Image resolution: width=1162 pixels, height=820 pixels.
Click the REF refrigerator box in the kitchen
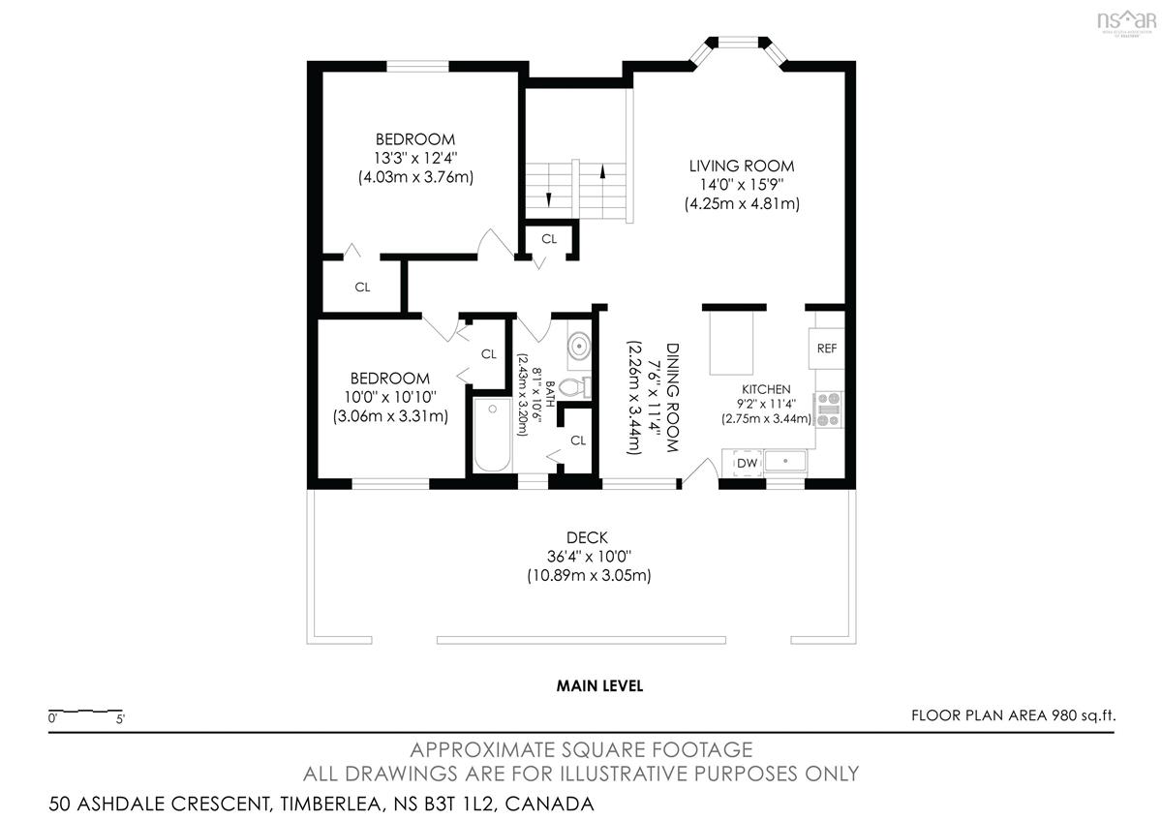(826, 348)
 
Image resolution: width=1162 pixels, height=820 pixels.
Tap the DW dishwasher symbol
(747, 463)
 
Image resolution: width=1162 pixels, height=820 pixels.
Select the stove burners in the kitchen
(829, 410)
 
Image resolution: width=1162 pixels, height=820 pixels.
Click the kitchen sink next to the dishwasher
(786, 461)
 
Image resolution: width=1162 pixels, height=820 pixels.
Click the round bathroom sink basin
(579, 346)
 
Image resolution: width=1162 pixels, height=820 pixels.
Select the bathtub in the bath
(492, 435)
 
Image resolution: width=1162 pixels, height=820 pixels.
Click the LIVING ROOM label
(742, 166)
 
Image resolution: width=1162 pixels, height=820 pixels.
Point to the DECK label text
(587, 537)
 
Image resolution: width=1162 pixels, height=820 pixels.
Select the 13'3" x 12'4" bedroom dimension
(415, 158)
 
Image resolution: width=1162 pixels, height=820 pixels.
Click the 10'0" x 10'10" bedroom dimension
(390, 397)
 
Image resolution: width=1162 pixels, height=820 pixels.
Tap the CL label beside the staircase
(549, 239)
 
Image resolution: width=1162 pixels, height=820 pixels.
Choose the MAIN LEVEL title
(599, 686)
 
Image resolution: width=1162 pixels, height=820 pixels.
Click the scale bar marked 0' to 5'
(85, 711)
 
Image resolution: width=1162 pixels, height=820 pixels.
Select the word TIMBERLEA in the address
(330, 804)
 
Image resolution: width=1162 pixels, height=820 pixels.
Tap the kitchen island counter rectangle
(731, 343)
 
